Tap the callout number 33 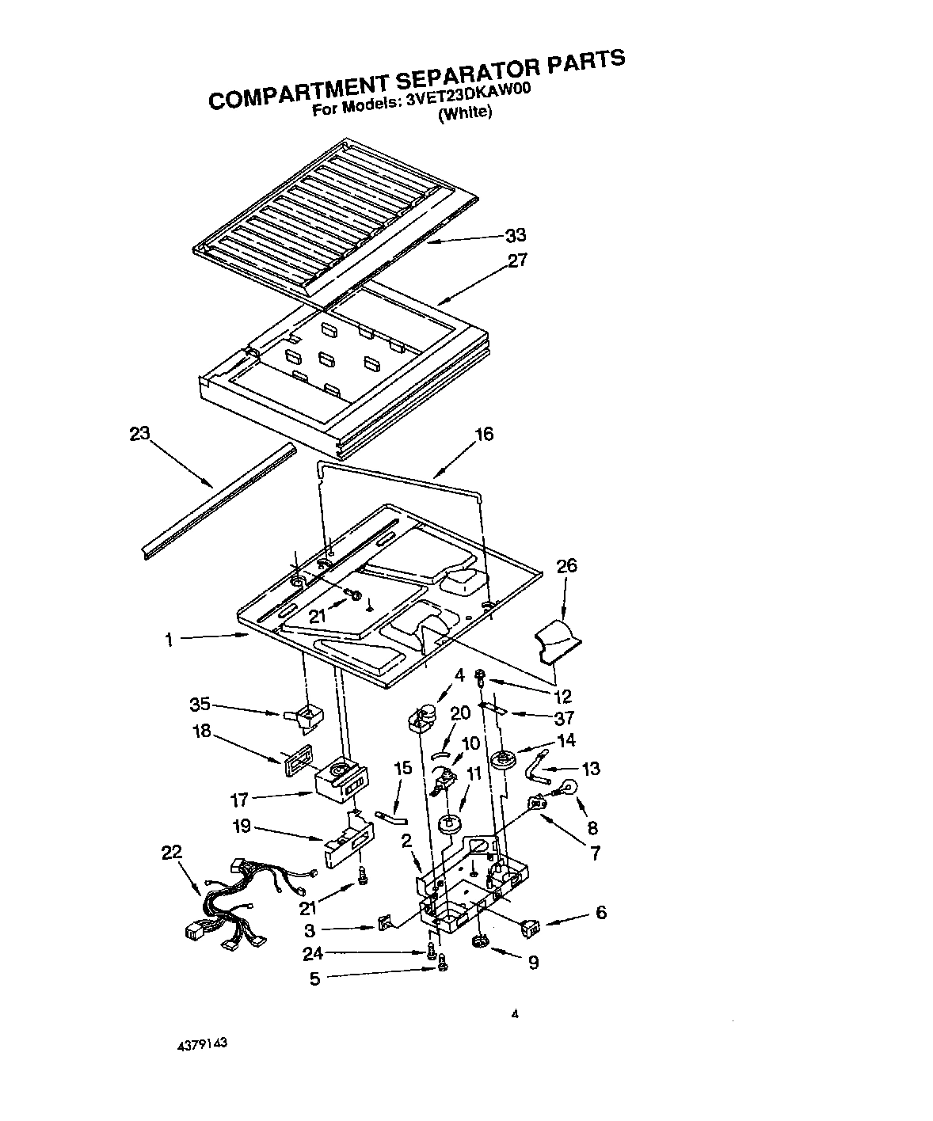(516, 235)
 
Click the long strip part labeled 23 (218, 500)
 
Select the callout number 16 (483, 434)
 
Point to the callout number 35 (200, 704)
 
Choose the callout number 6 (600, 913)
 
